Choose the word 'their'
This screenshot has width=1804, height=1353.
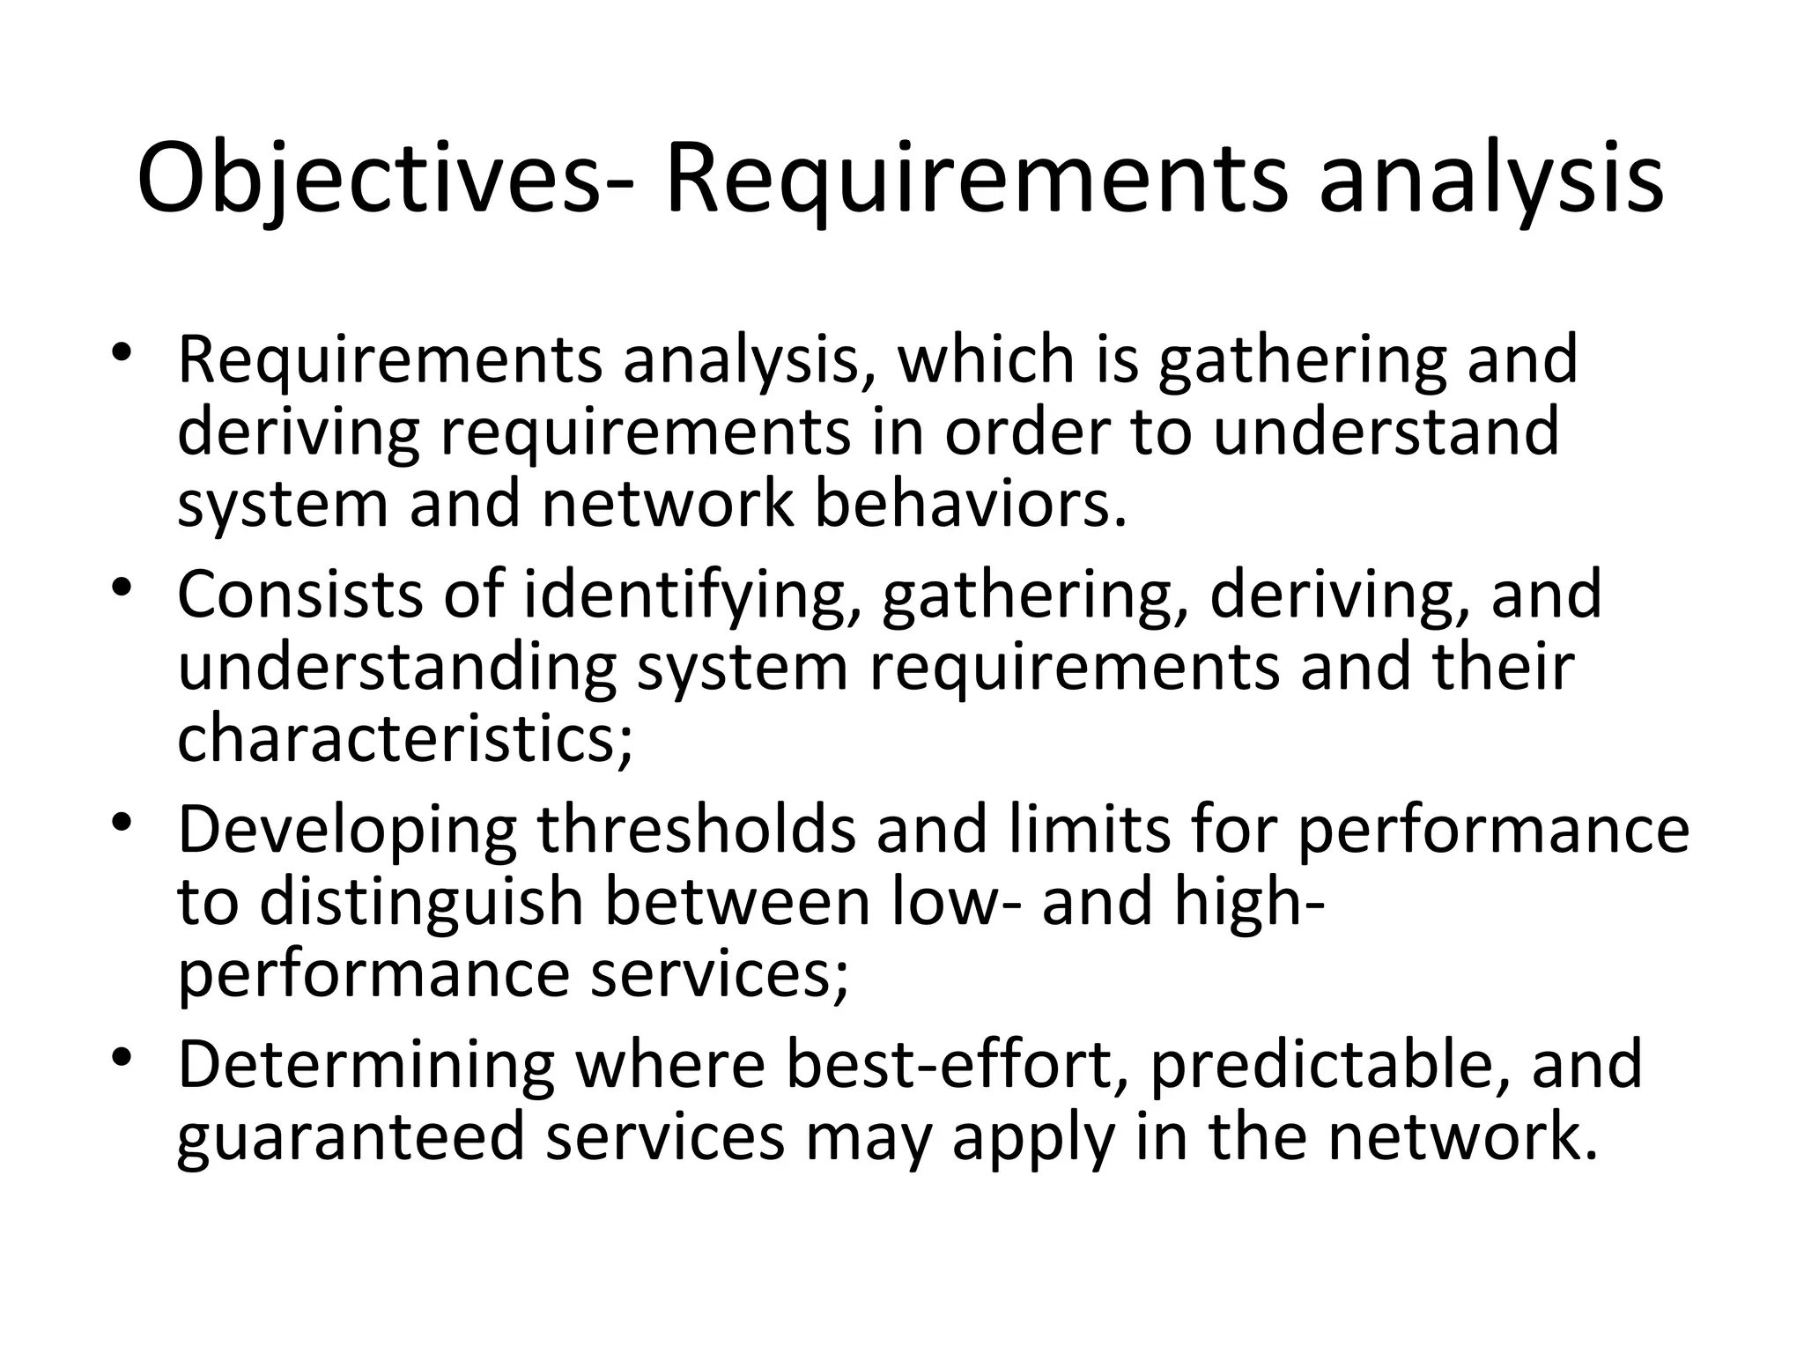1502,667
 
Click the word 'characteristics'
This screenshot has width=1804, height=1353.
404,738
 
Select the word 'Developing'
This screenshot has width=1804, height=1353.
347,832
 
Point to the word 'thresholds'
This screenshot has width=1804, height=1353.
696,831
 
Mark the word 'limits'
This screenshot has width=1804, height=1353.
1090,831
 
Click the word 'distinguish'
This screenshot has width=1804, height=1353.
422,904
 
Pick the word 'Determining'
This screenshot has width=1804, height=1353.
366,1066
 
